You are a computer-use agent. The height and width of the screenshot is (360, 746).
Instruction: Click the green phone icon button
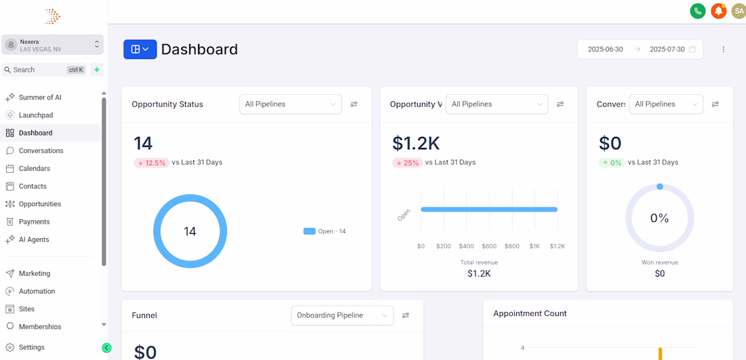tap(697, 11)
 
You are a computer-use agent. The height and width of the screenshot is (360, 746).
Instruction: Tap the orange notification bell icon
tap(718, 11)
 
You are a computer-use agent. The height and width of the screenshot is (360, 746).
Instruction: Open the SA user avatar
tap(739, 11)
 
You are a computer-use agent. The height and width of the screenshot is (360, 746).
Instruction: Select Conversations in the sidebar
tap(41, 151)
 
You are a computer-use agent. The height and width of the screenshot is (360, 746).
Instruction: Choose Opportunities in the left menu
tap(40, 204)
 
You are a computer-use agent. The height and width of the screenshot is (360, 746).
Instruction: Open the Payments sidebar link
tap(35, 222)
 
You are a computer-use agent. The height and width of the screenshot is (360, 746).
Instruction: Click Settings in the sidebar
tap(31, 347)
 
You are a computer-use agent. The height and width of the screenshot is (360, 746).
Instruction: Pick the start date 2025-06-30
tap(605, 49)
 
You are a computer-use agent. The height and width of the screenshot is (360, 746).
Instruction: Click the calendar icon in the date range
tap(692, 49)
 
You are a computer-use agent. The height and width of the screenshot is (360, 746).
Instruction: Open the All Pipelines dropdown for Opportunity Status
tap(290, 104)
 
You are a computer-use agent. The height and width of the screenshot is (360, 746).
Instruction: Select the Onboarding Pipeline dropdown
tap(342, 315)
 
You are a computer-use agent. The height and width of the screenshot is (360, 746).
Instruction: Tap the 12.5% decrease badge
tap(151, 163)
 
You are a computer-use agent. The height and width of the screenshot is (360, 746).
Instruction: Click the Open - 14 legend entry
tap(324, 231)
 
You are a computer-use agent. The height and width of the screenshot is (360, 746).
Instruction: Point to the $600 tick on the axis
tap(489, 246)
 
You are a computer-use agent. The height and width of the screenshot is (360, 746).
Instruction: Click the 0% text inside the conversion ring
tap(659, 218)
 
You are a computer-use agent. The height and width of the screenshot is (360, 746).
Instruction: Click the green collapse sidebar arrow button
tap(106, 348)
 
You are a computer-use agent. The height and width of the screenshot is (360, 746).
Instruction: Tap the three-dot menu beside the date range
tap(724, 49)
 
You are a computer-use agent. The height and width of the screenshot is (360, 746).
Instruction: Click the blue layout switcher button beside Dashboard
tap(140, 49)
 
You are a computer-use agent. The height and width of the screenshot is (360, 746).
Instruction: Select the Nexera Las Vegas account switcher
tap(52, 45)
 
